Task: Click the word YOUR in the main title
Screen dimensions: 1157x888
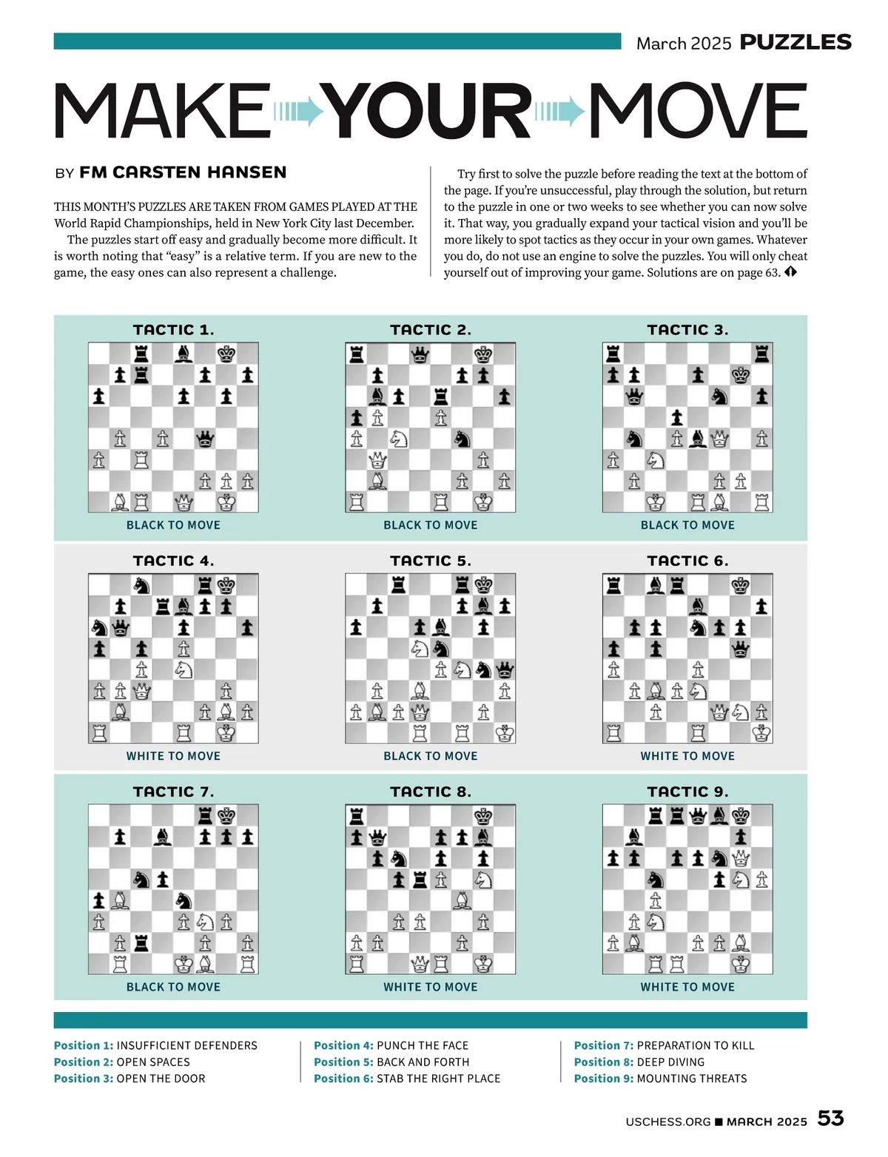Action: coord(429,111)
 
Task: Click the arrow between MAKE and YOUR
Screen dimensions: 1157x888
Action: coord(299,112)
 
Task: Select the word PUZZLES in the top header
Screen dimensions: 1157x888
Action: coord(795,42)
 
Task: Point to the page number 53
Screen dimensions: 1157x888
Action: coord(830,1118)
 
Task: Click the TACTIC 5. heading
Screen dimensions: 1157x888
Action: coord(431,561)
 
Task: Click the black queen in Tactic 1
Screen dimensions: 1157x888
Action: coord(205,439)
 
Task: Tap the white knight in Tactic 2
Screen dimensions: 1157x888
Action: coord(399,439)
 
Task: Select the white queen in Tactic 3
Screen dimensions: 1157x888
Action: coord(719,439)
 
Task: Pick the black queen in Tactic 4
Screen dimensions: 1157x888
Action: coord(120,628)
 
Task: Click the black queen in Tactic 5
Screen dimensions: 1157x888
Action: coord(505,670)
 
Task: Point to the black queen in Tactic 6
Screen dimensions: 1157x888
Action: coord(740,650)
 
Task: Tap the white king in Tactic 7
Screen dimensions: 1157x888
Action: coord(184,964)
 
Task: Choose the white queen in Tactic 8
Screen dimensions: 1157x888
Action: coord(420,964)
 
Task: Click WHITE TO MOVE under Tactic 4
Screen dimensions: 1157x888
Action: coord(173,756)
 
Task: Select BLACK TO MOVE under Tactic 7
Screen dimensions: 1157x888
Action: coord(173,987)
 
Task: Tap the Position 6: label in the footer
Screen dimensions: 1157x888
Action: coord(343,1079)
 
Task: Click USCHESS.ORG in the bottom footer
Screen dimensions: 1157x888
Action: coord(667,1121)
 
